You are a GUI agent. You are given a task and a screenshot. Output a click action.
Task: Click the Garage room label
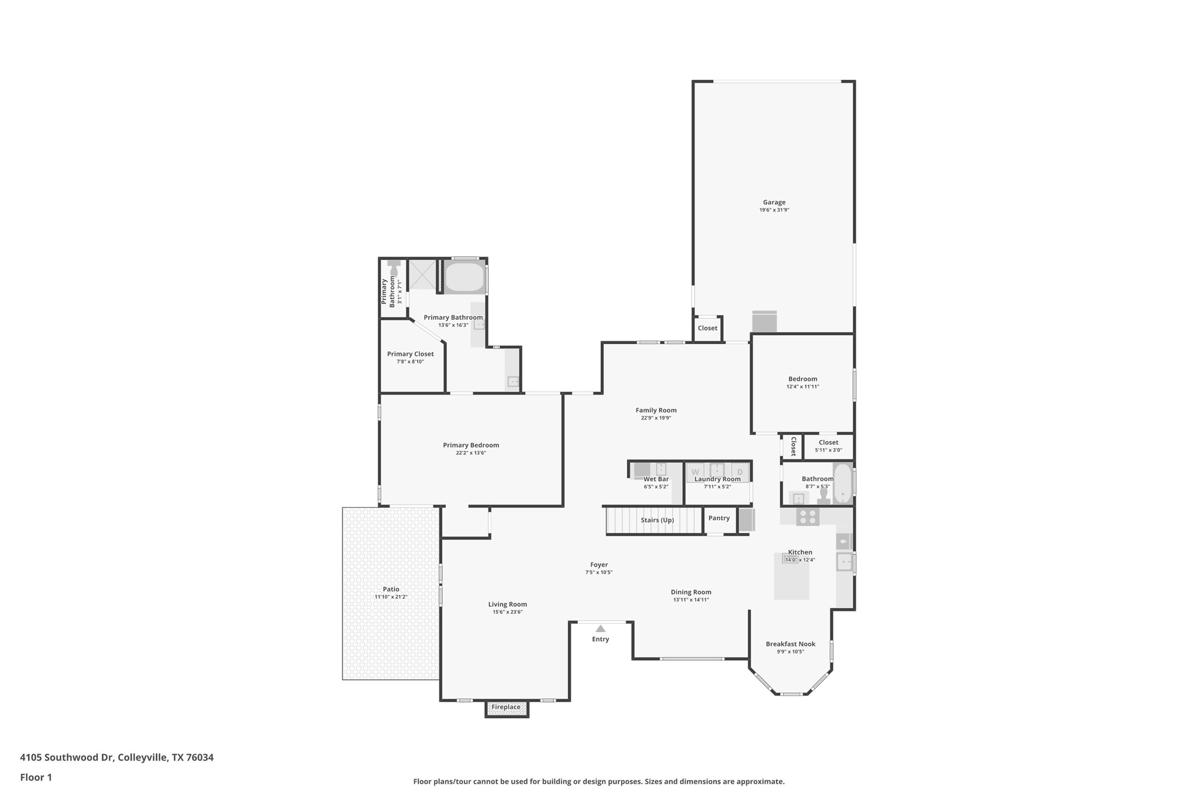pos(774,202)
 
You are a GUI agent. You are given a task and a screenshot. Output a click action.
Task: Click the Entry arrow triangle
pos(600,629)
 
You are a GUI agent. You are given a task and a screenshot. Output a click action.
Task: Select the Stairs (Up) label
pos(657,520)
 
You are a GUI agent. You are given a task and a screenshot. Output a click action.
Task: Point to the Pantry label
pos(719,518)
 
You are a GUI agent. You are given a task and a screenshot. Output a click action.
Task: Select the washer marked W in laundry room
pos(696,472)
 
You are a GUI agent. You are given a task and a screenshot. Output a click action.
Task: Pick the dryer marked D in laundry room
pos(740,472)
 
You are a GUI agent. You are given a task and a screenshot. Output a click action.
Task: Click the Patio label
pos(391,589)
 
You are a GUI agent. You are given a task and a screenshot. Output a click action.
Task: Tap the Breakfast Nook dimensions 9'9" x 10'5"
pos(790,652)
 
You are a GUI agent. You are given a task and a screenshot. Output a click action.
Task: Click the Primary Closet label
pos(410,354)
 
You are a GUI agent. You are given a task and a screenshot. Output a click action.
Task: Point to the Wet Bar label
pos(656,479)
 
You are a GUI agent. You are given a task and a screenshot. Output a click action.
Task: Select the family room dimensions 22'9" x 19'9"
pos(656,418)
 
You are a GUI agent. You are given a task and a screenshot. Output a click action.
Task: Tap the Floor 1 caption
pos(36,778)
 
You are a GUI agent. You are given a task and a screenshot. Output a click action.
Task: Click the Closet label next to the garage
pos(707,328)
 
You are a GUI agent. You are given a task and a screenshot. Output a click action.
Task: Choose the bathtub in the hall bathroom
pos(842,483)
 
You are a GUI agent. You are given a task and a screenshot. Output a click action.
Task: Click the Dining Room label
pos(691,592)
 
